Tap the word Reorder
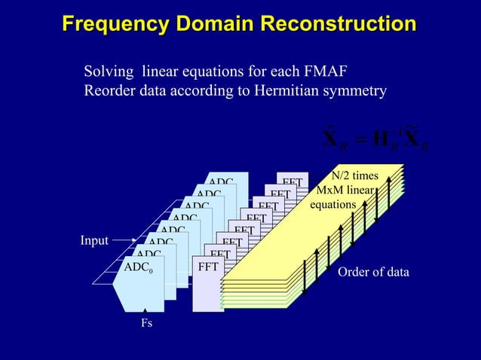click(x=109, y=91)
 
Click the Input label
click(x=94, y=241)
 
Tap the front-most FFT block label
click(x=208, y=267)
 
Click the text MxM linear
click(x=346, y=190)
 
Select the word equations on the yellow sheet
click(x=332, y=204)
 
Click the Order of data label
click(x=373, y=272)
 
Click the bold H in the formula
click(x=381, y=139)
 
